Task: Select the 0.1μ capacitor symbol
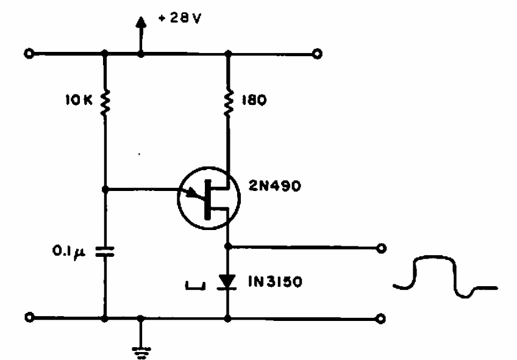[105, 251]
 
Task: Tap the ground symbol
[141, 346]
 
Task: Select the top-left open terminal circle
[28, 54]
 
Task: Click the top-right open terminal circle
[316, 54]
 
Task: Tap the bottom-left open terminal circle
[28, 318]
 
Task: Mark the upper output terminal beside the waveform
[382, 248]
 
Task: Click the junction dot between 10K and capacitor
[105, 189]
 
